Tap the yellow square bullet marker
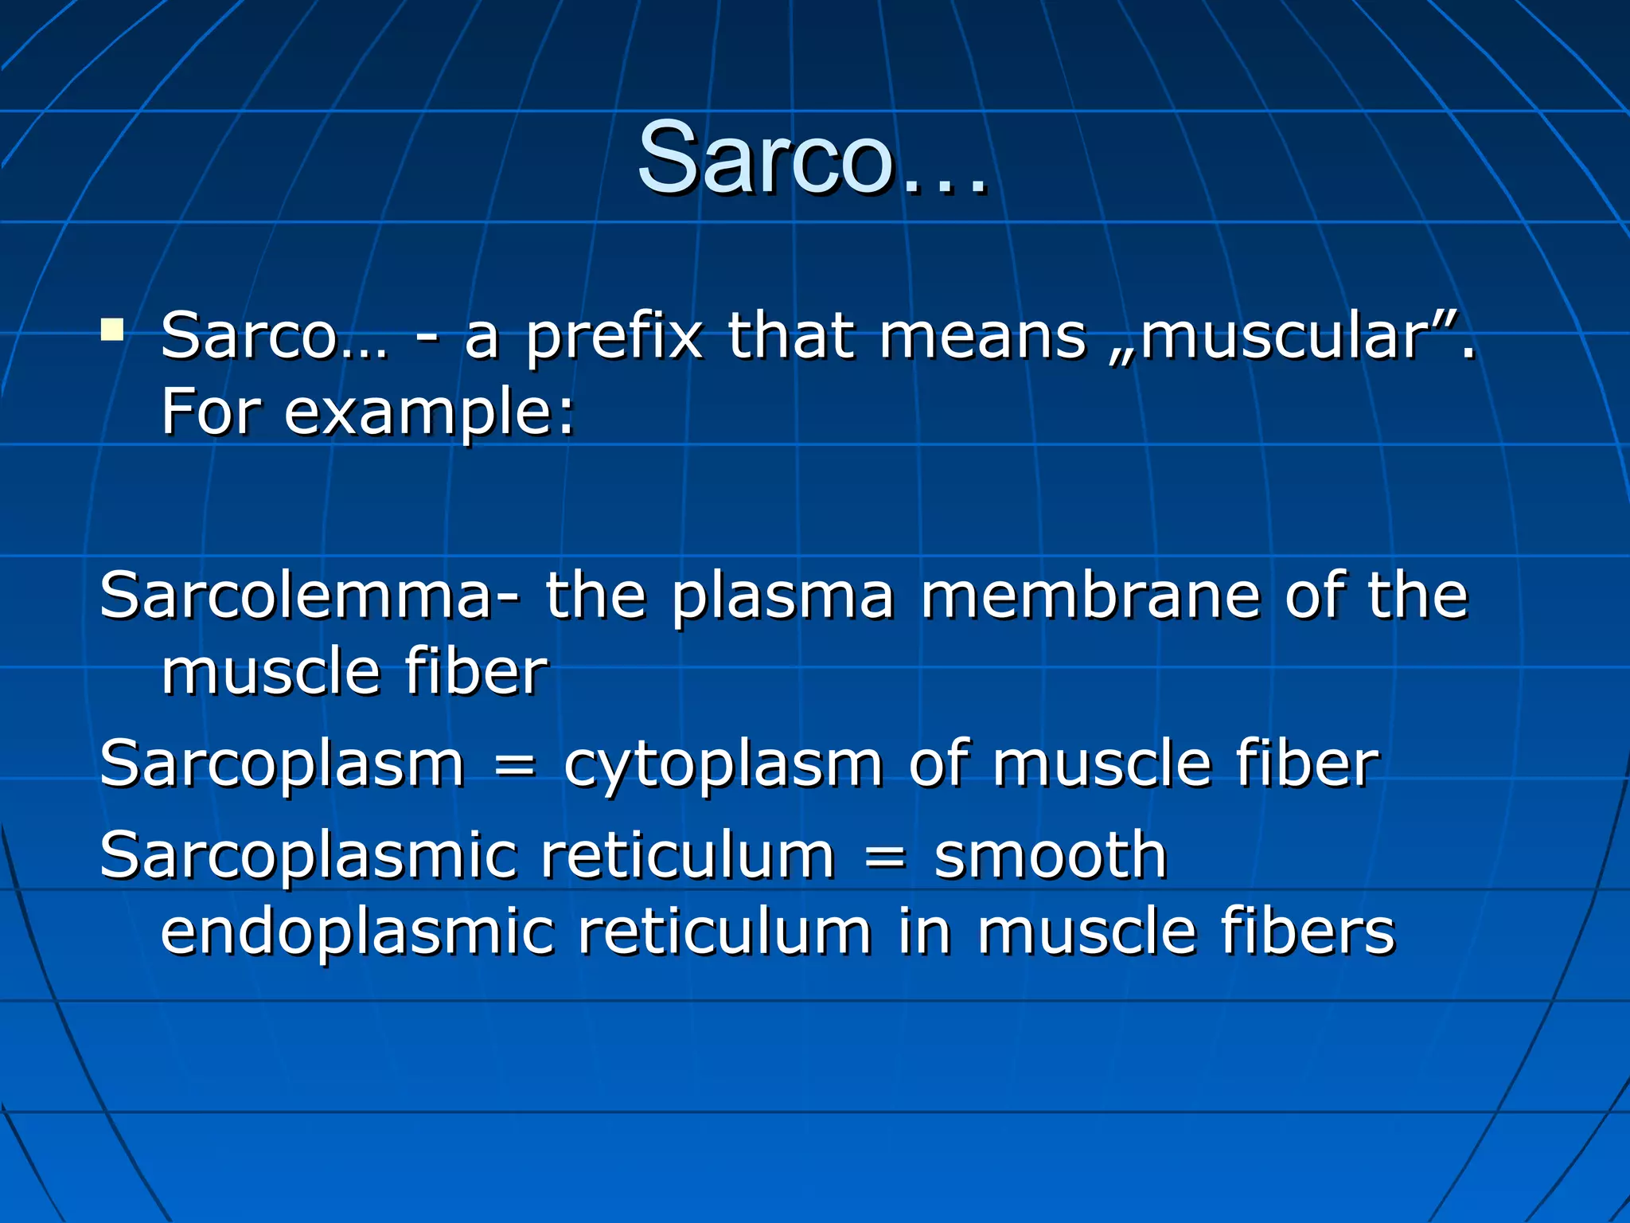[x=112, y=330]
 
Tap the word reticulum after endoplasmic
[x=725, y=932]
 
